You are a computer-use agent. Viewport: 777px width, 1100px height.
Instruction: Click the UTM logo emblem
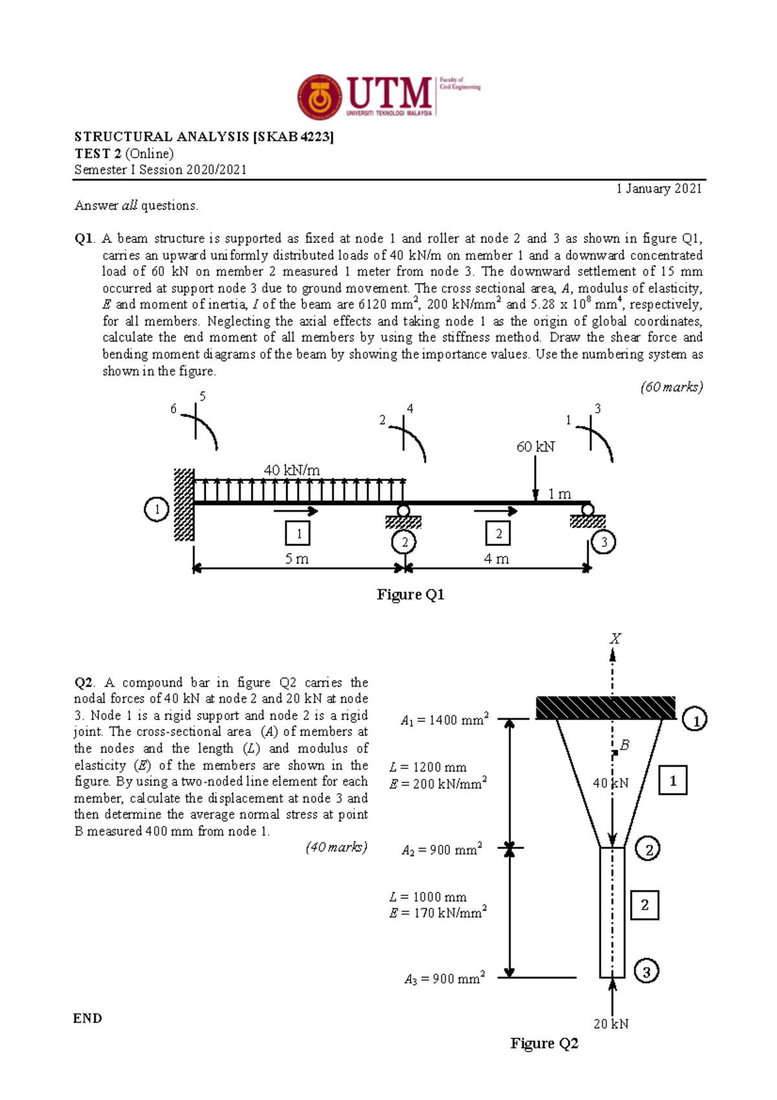319,97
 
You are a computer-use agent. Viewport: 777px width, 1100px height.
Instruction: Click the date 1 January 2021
659,189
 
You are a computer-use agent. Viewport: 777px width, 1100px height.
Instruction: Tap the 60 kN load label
535,446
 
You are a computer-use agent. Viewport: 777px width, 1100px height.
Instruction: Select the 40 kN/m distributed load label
291,470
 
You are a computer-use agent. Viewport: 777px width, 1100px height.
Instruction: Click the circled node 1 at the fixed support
156,509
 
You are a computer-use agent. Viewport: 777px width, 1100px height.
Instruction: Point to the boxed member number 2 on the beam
498,534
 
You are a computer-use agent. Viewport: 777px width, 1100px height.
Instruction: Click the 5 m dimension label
297,558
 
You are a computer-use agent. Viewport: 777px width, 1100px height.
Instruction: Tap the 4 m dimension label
496,558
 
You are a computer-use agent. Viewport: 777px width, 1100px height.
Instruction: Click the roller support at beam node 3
587,516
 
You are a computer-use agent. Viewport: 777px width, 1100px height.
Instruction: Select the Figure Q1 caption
411,595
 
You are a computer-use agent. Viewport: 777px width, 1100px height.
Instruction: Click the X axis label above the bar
614,639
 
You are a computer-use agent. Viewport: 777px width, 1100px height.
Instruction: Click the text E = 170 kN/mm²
438,913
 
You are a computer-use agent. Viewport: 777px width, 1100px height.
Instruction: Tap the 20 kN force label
611,1024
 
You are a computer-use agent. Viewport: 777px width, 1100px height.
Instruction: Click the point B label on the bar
624,746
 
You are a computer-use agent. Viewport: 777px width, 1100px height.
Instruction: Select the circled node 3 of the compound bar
646,971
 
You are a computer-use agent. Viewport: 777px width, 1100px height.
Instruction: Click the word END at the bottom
87,1018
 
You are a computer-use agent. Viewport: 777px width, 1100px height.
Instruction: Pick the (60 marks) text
671,387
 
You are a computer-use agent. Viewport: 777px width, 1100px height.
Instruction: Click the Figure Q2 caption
544,1044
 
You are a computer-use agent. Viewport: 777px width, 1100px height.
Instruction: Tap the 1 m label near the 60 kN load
559,494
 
